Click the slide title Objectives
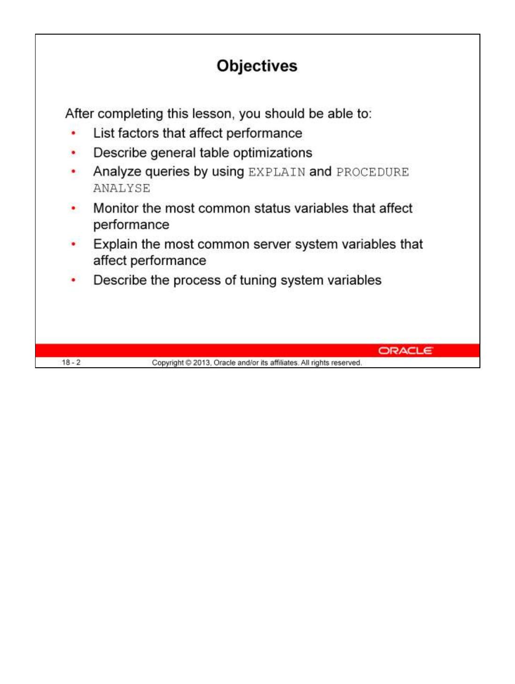[257, 66]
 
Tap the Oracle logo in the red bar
[405, 350]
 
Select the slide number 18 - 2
[71, 362]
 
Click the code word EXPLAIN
[276, 172]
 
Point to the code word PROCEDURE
[372, 172]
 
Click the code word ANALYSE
[122, 189]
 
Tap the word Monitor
[116, 208]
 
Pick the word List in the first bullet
[104, 133]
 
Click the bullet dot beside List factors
[73, 133]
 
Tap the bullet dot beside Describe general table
[73, 153]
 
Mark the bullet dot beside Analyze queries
[73, 172]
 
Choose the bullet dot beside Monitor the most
[73, 208]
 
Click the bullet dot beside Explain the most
[73, 244]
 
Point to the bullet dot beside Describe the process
[73, 280]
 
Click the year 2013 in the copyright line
[202, 363]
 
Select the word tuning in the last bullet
[258, 280]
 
